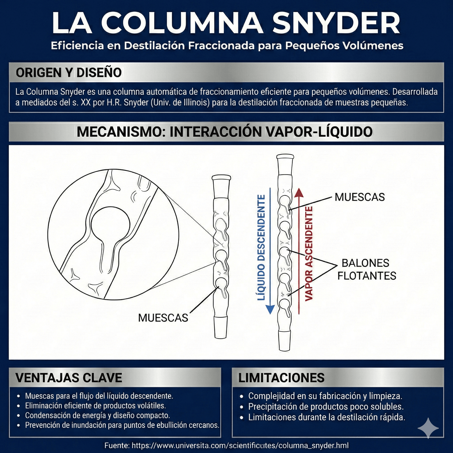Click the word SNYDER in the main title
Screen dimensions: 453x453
336,23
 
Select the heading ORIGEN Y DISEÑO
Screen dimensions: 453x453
69,73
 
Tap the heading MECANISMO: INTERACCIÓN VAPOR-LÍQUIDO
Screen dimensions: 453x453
225,132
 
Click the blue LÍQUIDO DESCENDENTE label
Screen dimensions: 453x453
261,247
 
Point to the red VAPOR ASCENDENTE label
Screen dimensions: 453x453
309,253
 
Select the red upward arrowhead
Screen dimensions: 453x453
299,193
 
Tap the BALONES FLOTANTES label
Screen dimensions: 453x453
366,269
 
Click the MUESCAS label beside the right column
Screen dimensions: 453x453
360,197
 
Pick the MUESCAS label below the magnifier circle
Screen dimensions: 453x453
163,318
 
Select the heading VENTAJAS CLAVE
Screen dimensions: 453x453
69,378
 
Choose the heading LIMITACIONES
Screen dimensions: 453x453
281,378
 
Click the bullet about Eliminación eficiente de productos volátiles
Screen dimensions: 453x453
95,406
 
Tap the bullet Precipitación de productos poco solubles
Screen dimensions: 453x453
326,407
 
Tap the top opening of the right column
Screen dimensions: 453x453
285,157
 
